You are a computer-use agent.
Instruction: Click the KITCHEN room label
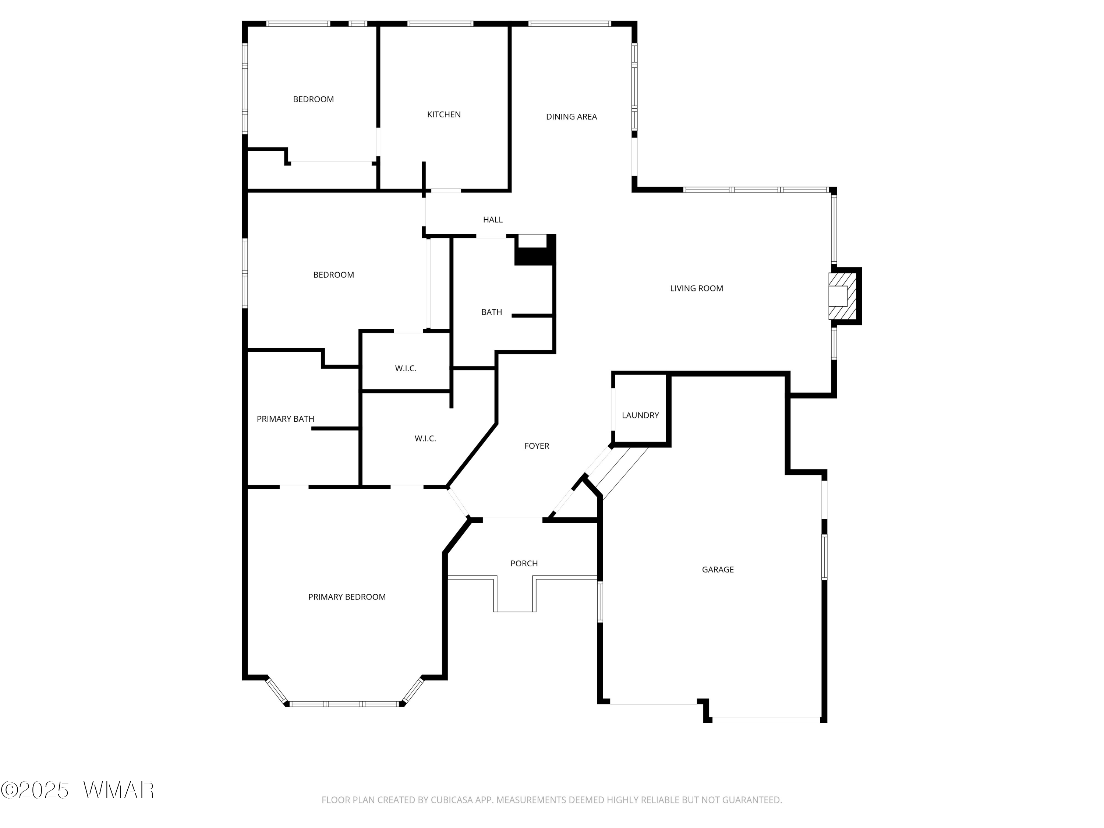coord(444,115)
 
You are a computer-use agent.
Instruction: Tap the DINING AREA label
coord(571,117)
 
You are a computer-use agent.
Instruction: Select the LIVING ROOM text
coord(696,289)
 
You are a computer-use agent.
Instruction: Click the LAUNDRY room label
coord(640,415)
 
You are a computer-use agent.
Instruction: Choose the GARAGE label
coord(718,569)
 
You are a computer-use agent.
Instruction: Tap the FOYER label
coord(537,446)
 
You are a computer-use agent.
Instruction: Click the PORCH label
coord(524,563)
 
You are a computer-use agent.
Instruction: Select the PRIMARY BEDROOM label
coord(347,597)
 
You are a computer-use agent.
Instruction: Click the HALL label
coord(493,220)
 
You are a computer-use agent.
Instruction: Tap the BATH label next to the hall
coord(492,312)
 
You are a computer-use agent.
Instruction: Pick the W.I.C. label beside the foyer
coord(425,439)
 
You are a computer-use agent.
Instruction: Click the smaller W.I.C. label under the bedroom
coord(406,369)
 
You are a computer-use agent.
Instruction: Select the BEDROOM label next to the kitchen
coord(314,99)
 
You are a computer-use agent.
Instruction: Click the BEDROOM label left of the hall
coord(333,275)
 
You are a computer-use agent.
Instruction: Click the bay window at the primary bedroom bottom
coord(344,704)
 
